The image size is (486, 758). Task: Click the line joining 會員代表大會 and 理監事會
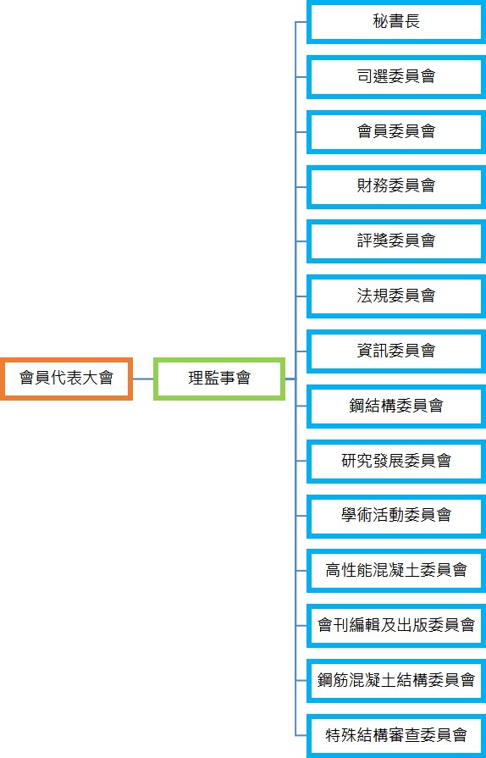(x=143, y=379)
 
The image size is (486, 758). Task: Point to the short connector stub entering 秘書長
(x=301, y=22)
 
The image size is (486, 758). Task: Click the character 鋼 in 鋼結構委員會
(x=357, y=406)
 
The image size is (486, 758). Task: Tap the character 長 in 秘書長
(x=412, y=21)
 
